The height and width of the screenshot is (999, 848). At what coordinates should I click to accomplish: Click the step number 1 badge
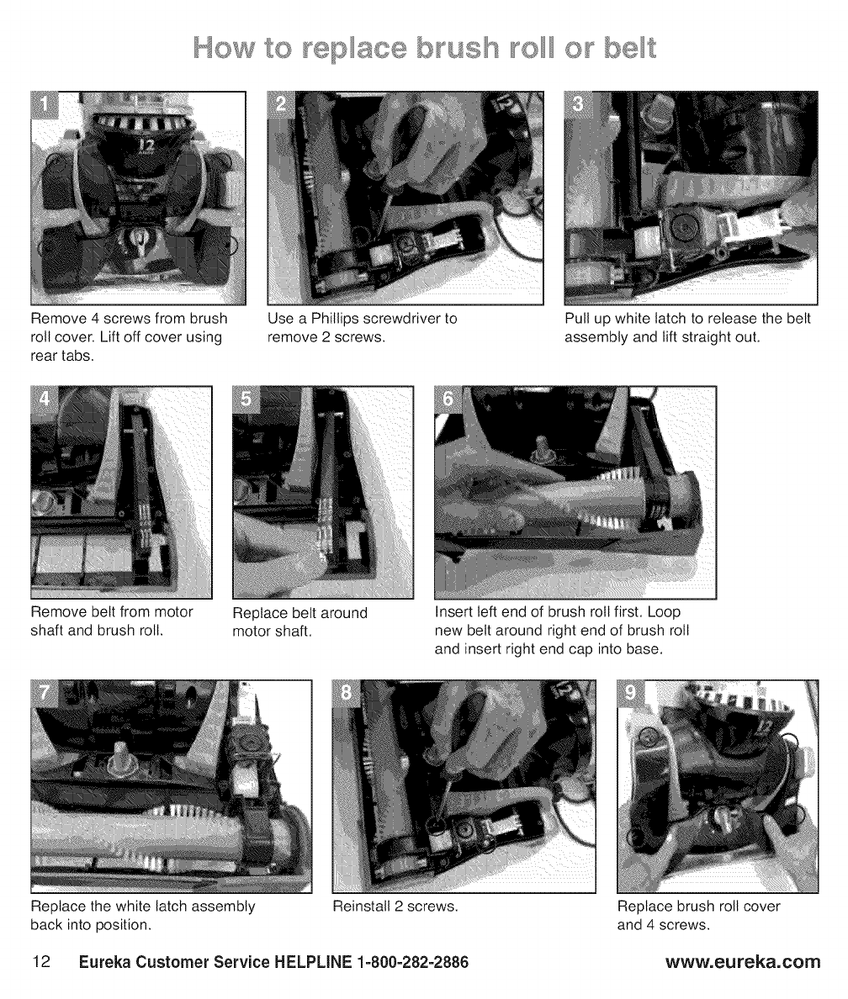[45, 105]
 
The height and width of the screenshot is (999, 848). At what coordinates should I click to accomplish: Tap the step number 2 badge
[281, 104]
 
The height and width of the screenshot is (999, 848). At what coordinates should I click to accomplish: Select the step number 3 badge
[578, 104]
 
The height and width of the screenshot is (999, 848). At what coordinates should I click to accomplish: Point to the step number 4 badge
[45, 399]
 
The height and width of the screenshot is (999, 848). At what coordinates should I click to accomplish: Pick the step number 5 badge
[246, 399]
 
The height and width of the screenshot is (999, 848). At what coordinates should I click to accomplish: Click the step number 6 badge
[448, 399]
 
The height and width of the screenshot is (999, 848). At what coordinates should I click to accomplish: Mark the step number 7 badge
[45, 693]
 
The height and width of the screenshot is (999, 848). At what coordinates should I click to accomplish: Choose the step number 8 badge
[347, 693]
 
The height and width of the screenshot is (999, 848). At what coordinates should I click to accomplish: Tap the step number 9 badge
[631, 693]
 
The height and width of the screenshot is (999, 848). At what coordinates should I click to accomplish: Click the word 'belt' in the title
[630, 49]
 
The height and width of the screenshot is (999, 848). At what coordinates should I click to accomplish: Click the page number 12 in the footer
[41, 961]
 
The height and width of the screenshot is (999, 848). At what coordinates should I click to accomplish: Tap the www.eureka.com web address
[743, 961]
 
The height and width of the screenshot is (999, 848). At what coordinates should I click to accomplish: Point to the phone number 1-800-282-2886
[413, 962]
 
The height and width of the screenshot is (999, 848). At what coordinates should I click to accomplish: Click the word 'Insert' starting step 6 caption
[453, 612]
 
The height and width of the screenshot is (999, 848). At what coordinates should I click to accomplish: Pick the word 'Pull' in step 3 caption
[576, 319]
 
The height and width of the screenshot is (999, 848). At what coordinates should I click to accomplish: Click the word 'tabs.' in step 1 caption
[78, 357]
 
